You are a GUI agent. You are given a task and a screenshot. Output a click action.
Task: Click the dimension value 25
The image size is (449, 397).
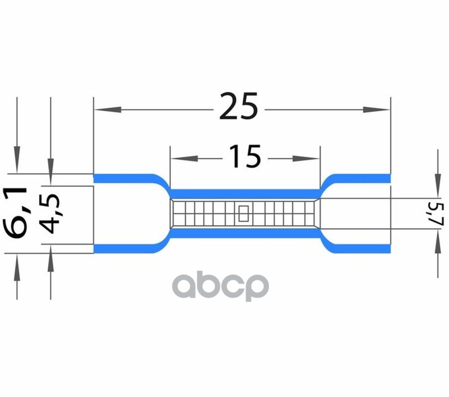(x=238, y=106)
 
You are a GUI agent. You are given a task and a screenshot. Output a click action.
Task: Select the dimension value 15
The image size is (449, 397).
(x=245, y=156)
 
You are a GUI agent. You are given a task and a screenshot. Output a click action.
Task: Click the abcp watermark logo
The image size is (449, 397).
(x=220, y=286)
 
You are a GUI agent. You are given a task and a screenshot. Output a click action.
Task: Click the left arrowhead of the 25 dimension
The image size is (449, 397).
(x=108, y=110)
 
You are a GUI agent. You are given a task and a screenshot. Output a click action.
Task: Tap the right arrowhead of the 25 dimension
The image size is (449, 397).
(x=376, y=110)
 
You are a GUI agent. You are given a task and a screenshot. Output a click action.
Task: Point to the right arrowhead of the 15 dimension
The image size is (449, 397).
(x=306, y=158)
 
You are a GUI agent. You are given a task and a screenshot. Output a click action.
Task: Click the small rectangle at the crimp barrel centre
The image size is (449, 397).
(x=244, y=213)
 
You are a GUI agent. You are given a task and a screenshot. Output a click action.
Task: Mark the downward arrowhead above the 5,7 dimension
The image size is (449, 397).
(x=438, y=185)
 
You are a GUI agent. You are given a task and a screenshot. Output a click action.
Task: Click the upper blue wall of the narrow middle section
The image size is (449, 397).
(x=245, y=194)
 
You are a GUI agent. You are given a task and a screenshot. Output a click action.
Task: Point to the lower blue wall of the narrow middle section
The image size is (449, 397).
(x=245, y=233)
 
